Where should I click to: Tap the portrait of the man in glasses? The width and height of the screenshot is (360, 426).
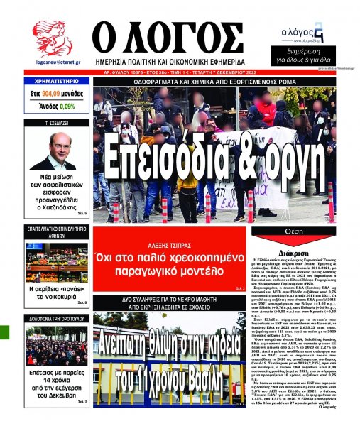(52, 151)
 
